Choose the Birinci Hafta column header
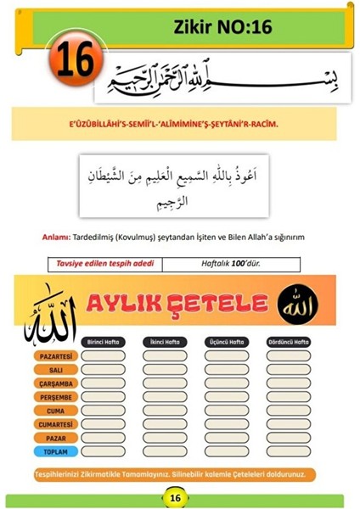(x=104, y=342)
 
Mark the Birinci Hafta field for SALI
(x=104, y=370)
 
